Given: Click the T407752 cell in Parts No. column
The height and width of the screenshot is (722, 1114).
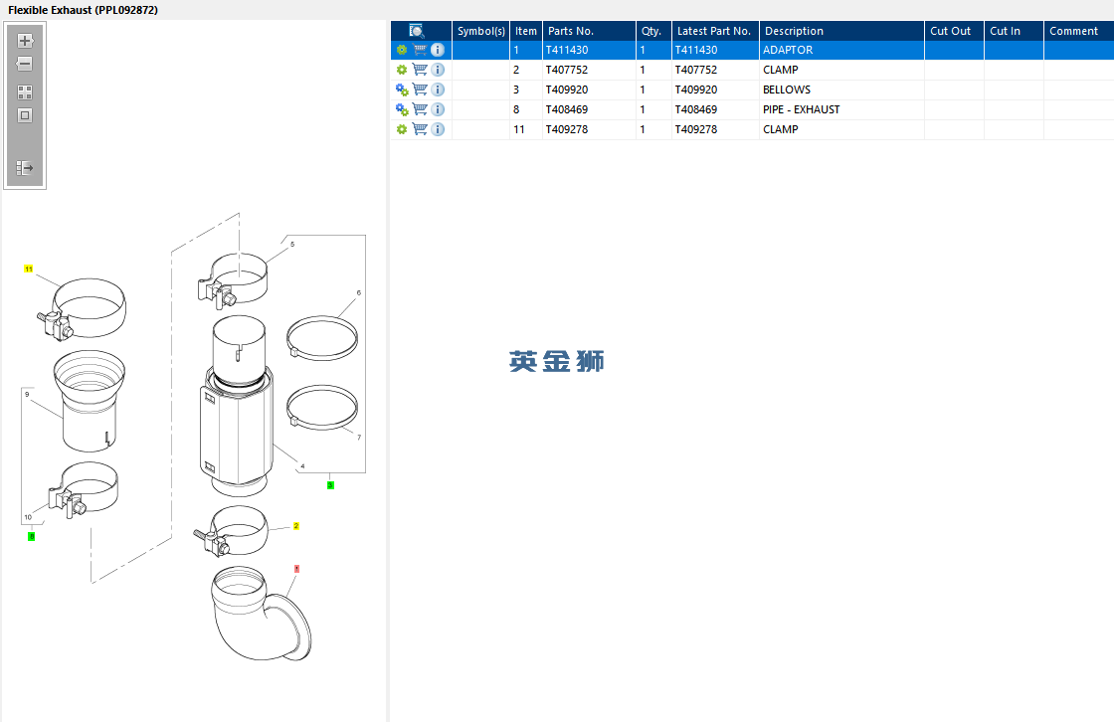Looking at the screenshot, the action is point(566,70).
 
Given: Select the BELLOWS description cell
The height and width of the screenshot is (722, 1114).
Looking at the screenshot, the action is point(787,90).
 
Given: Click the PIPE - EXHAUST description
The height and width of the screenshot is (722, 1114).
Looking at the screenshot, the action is point(801,109).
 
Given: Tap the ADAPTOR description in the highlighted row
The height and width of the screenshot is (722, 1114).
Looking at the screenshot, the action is point(787,50).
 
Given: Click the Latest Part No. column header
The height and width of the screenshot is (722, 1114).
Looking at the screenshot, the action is point(713,31).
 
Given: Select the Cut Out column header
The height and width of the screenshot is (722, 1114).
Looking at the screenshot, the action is point(950,31).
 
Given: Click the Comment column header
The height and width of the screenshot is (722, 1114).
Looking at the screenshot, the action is point(1073,31).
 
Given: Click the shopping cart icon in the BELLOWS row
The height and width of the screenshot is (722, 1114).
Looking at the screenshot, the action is point(420,90).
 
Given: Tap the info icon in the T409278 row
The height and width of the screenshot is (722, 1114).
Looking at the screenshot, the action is point(438,129).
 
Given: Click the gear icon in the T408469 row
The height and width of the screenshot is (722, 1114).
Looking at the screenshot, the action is point(402,109).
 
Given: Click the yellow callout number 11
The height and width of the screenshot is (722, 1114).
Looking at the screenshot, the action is point(29,269).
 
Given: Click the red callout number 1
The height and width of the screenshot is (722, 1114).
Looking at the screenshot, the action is point(296,569).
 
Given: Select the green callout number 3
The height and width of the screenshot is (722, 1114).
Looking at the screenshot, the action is point(330,485).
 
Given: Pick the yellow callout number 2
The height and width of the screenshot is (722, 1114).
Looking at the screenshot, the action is point(296,526).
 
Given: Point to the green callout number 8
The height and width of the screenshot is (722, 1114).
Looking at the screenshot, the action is point(31,536).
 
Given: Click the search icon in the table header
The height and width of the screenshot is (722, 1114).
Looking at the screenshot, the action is point(417,31).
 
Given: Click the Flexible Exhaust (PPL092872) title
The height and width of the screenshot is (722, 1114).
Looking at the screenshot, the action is point(84,10).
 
